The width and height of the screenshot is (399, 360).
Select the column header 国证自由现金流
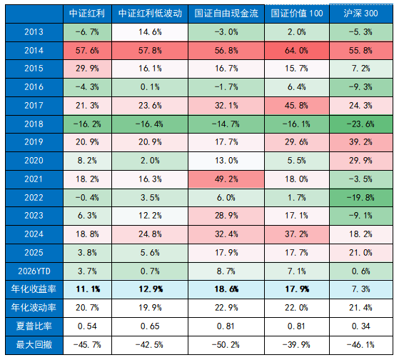click(x=227, y=14)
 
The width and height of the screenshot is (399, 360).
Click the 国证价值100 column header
click(x=297, y=14)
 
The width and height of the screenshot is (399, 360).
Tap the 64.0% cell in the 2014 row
click(x=297, y=51)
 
